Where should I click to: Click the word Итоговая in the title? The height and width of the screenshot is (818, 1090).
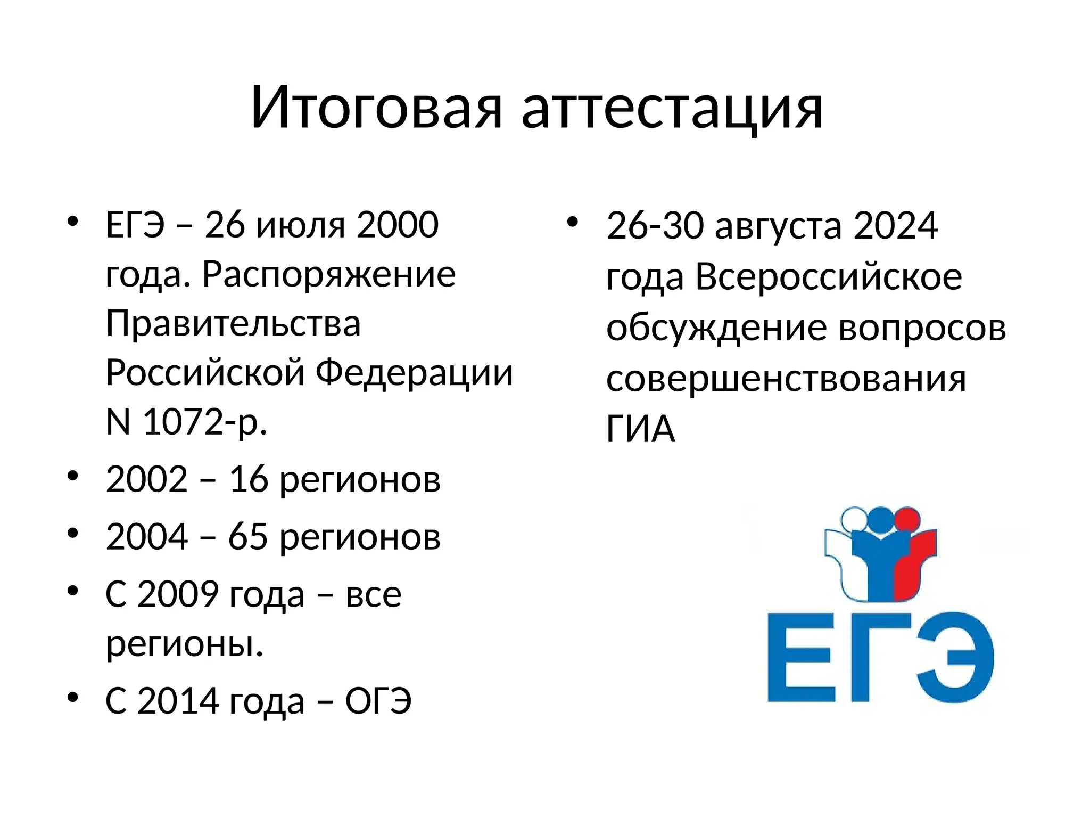pos(376,108)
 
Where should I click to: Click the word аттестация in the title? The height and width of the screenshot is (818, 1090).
pos(672,108)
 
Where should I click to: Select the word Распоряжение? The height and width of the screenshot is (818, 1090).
pos(328,275)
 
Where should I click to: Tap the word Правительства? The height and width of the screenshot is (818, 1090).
pos(233,324)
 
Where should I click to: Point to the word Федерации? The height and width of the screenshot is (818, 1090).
pos(414,373)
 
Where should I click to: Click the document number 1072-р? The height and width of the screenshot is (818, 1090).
pos(204,422)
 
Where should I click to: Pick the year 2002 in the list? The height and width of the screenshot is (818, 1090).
pos(146,479)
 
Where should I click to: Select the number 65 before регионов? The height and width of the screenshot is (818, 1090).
pos(247,536)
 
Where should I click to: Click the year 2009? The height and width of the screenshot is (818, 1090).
pos(178,594)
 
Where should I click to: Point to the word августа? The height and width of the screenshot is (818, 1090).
pos(778,226)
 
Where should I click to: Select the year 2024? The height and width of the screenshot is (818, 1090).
pos(895,226)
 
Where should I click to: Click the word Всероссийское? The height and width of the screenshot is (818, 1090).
pos(829,277)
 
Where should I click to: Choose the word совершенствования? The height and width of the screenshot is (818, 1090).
pos(786,379)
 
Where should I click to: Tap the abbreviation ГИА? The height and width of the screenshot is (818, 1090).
pos(640,429)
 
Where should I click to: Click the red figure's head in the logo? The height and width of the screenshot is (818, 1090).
pos(907,518)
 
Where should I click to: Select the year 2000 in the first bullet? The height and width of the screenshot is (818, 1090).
pos(398,225)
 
